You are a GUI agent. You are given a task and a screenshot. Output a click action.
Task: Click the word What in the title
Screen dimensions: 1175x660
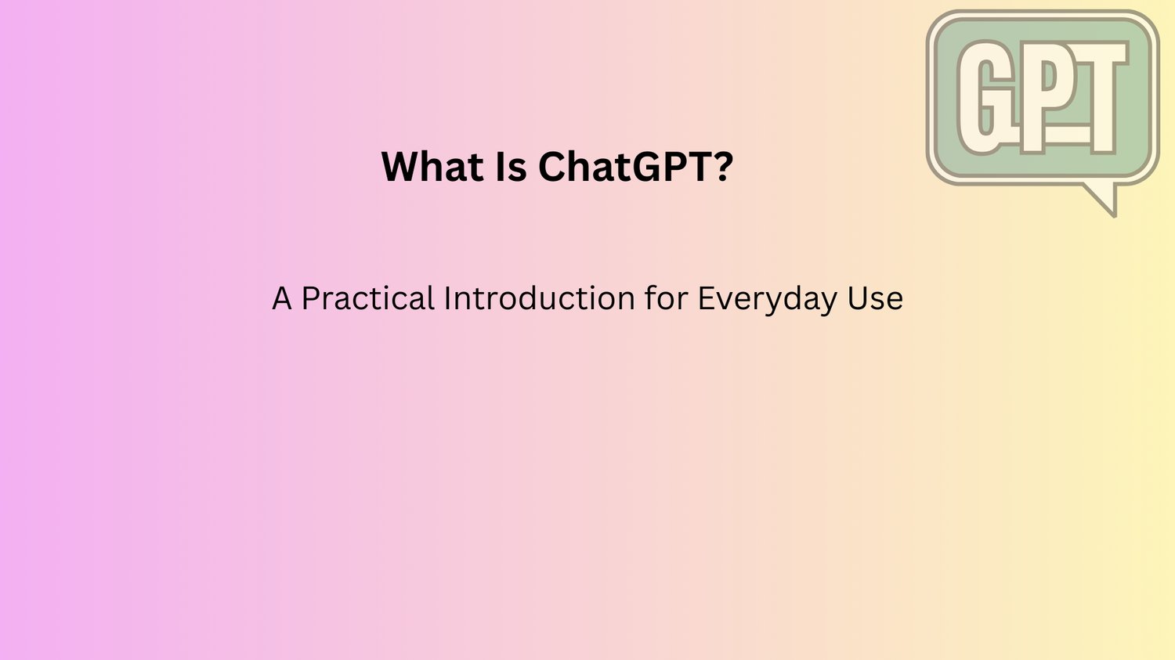pos(432,167)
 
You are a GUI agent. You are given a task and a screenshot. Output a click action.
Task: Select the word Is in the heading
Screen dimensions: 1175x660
pos(511,167)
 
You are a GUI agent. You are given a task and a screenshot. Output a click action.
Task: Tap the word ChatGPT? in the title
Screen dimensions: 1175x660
pos(635,167)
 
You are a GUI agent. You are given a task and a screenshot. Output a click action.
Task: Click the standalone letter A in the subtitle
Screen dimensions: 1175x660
pos(282,298)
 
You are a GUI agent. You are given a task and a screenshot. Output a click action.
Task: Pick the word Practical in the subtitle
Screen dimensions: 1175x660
pos(367,298)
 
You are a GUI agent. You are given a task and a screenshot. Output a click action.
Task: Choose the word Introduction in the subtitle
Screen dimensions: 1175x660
pos(539,298)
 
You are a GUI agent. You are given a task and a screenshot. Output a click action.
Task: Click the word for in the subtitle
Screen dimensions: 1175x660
pos(666,298)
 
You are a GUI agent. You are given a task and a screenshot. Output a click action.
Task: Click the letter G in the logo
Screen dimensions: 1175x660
pos(980,98)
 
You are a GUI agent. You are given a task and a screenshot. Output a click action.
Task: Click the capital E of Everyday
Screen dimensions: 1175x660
pos(706,298)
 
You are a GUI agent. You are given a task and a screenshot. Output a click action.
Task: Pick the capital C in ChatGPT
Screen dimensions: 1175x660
pos(550,167)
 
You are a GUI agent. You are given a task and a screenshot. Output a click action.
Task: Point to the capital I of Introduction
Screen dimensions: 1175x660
pos(447,298)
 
